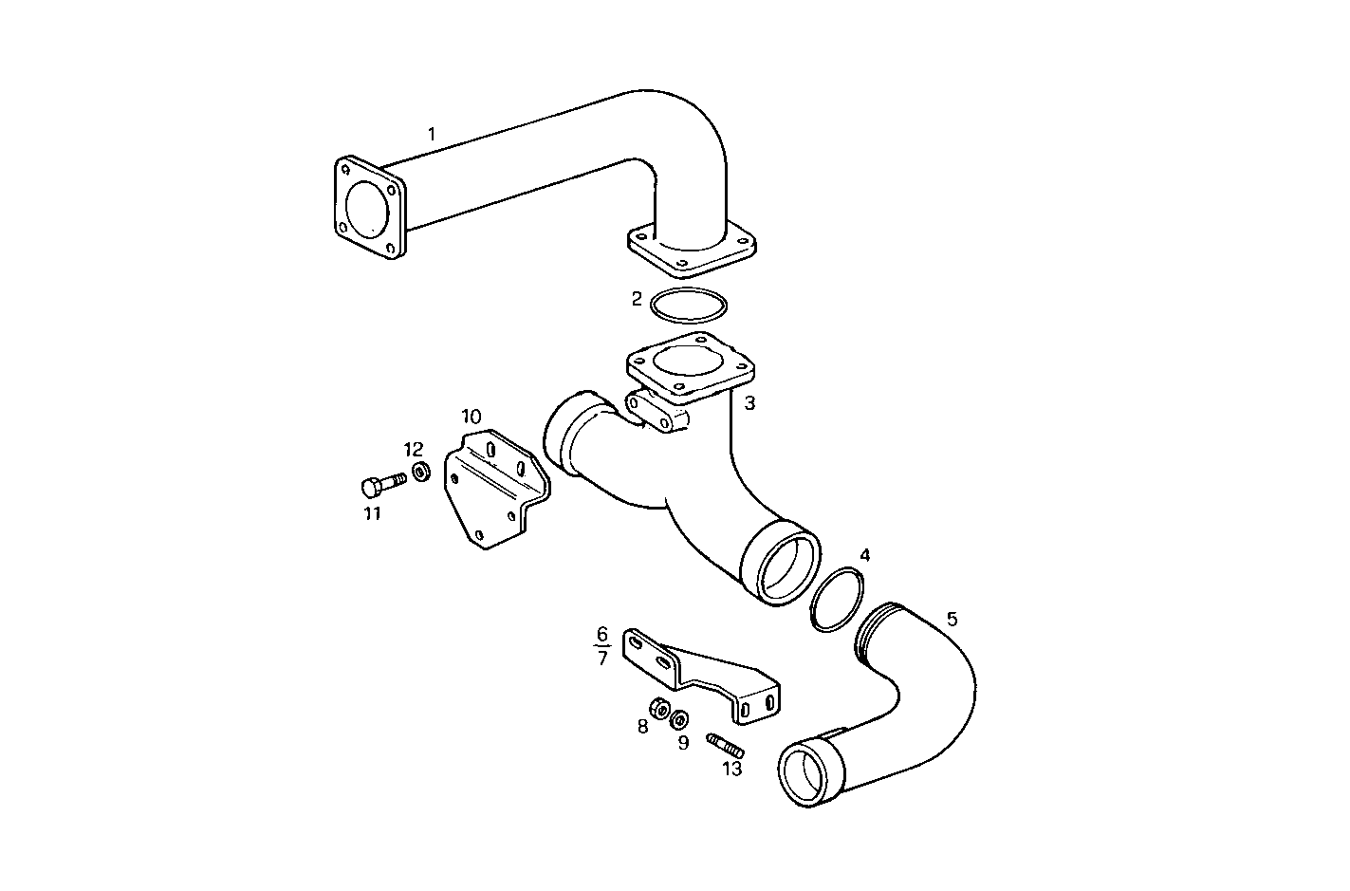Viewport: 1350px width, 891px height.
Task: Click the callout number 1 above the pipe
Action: [x=432, y=134]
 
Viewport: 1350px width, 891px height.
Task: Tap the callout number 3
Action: [x=749, y=403]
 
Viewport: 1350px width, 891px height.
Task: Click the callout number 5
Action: [x=952, y=619]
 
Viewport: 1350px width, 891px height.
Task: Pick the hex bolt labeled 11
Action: [x=383, y=484]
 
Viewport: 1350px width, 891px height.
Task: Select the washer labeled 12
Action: [x=421, y=471]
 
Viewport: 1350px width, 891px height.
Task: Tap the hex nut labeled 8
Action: [x=660, y=708]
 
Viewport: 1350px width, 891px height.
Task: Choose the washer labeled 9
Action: [x=680, y=718]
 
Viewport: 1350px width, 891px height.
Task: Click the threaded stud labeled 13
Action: [x=726, y=746]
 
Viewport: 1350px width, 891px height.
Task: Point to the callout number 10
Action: [x=472, y=417]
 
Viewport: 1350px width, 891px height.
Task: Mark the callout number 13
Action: [x=732, y=770]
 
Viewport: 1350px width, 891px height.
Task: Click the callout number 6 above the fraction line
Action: [x=602, y=634]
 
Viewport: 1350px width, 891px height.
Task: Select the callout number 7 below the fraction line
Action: [x=602, y=659]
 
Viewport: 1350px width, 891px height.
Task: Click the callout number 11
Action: [x=373, y=514]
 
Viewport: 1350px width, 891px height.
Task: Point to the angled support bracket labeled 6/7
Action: [x=699, y=676]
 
